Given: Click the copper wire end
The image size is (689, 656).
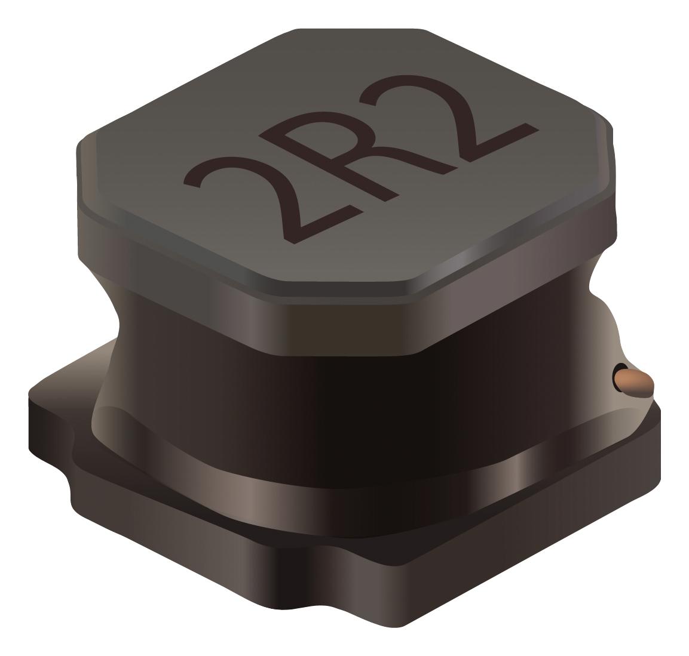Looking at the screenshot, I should pos(635,382).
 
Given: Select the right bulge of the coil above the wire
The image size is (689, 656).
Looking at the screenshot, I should pos(604,310).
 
